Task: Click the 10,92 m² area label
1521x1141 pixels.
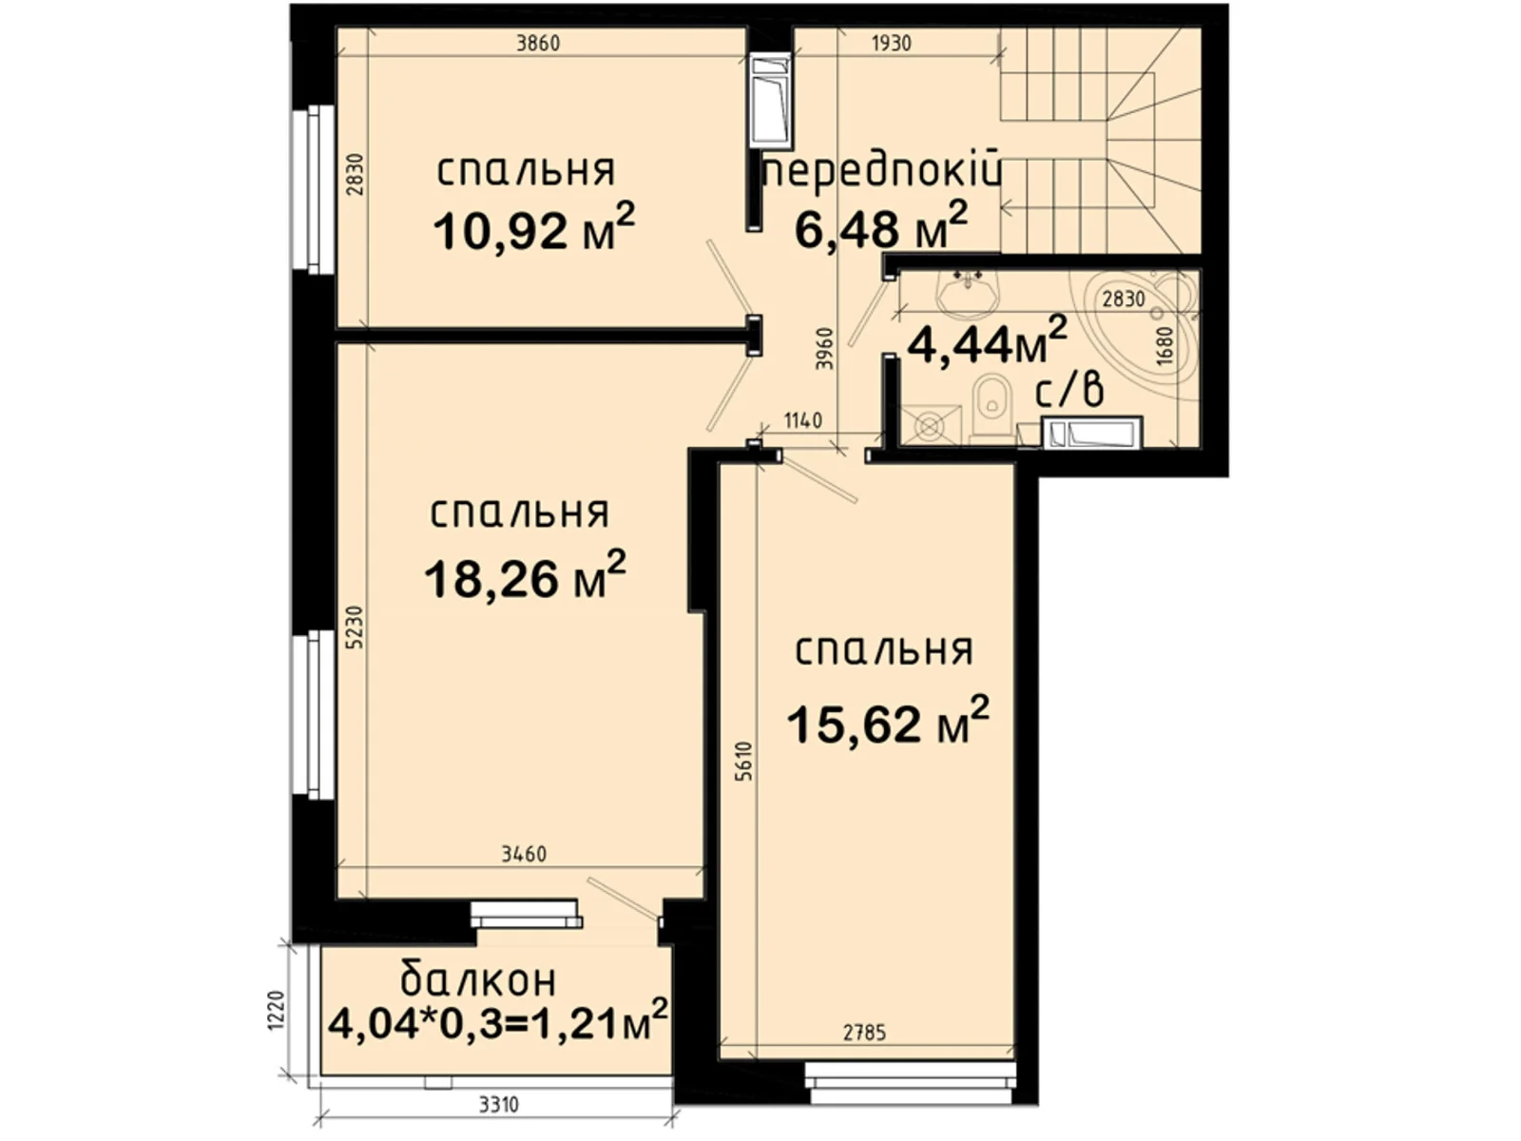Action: click(533, 229)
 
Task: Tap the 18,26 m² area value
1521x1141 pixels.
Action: click(525, 578)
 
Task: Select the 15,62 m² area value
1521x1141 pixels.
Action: click(888, 723)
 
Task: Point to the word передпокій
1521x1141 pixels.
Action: click(883, 173)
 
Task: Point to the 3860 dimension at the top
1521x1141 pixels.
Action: click(538, 43)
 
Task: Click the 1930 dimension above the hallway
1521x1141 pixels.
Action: click(891, 43)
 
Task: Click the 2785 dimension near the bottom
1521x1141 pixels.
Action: click(865, 1033)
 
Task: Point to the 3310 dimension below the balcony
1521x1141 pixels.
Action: click(498, 1105)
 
